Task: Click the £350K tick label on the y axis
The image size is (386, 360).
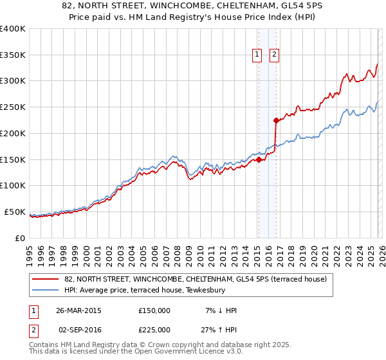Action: tap(13, 55)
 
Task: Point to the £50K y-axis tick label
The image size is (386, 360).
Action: tap(15, 212)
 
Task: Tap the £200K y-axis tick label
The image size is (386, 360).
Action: tap(13, 133)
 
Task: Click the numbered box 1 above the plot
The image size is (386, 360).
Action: tap(257, 55)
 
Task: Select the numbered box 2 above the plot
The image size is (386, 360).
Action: tap(274, 55)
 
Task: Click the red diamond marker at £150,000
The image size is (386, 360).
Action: tap(259, 160)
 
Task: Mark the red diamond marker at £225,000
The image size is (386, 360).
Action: tap(275, 120)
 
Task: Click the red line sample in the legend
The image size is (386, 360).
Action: tap(46, 279)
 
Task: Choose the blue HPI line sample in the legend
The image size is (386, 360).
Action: tap(46, 290)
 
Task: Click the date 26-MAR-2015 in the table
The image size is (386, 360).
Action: tap(78, 310)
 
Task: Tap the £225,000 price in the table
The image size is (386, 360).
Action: tap(154, 330)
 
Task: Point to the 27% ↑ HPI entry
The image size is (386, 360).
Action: tap(219, 330)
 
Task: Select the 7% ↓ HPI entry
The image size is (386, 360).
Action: tap(221, 310)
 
